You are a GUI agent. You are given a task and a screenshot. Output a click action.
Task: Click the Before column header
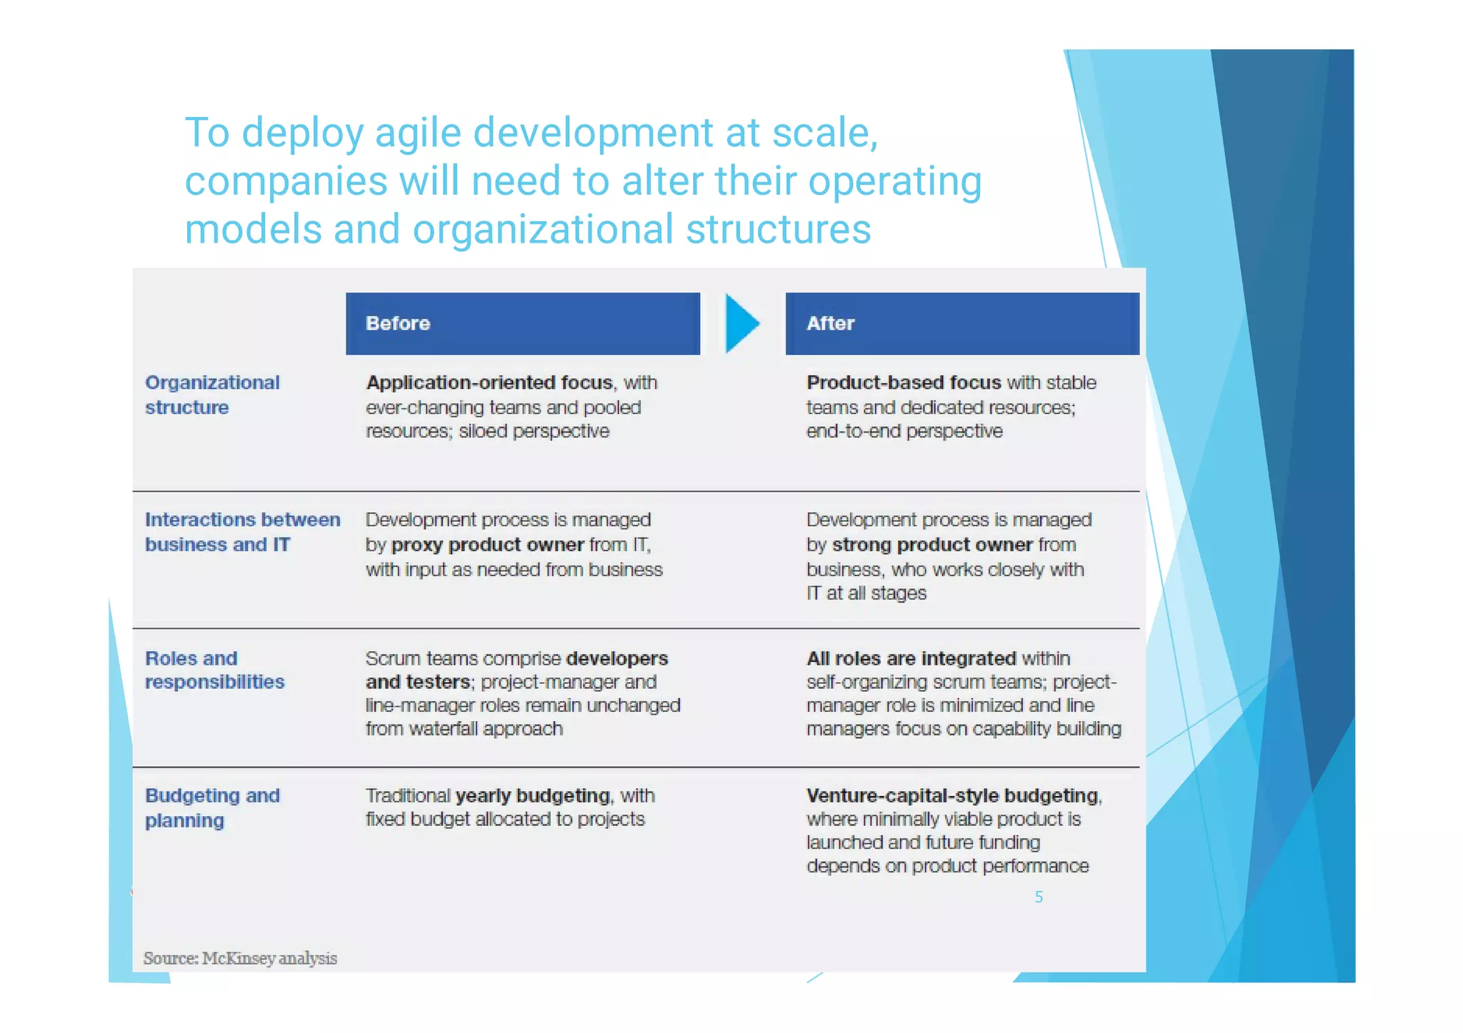coord(522,323)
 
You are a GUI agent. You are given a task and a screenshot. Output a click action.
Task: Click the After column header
coord(962,323)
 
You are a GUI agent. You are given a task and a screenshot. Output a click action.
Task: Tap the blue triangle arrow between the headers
coord(742,323)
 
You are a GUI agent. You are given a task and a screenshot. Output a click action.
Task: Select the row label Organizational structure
coord(211,395)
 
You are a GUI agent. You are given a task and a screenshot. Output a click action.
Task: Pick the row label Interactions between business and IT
coord(242,532)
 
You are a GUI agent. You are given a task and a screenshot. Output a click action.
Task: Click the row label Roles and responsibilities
coord(214,670)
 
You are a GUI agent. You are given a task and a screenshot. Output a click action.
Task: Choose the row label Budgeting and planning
coord(211,807)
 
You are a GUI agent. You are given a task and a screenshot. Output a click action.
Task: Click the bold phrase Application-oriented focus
coord(489,383)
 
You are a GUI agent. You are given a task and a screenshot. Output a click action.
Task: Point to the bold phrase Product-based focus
coord(903,383)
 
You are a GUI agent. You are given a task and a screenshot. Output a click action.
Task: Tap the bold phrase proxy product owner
coord(487,545)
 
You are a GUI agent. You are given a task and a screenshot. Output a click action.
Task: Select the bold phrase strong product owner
coord(932,545)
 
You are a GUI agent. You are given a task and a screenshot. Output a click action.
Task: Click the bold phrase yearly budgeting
coord(532,795)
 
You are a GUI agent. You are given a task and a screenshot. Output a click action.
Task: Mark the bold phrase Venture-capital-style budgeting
coord(952,795)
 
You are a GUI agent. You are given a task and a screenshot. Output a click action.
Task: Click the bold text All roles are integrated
coord(911,658)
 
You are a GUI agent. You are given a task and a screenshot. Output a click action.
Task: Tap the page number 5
coord(1039,897)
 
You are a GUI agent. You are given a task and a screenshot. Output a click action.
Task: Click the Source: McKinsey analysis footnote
coord(240,958)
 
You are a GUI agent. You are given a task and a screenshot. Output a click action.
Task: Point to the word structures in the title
coord(778,230)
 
